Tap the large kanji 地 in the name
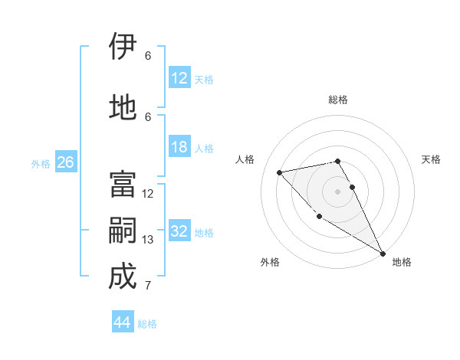pyautogui.click(x=123, y=107)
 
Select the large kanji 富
pyautogui.click(x=123, y=185)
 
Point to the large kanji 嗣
pyautogui.click(x=123, y=231)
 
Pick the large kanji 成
pyautogui.click(x=123, y=277)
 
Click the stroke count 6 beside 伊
pyautogui.click(x=148, y=55)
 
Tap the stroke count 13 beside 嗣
pyautogui.click(x=148, y=240)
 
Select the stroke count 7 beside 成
pyautogui.click(x=148, y=286)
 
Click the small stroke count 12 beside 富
pyautogui.click(x=148, y=194)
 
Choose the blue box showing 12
pyautogui.click(x=179, y=78)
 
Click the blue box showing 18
pyautogui.click(x=179, y=147)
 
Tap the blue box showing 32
pyautogui.click(x=179, y=232)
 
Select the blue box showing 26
pyautogui.click(x=65, y=162)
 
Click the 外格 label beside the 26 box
pyautogui.click(x=41, y=163)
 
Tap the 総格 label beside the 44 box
pyautogui.click(x=147, y=324)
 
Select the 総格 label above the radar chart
pyautogui.click(x=338, y=100)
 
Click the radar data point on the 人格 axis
pyautogui.click(x=280, y=172)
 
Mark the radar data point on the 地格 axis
pyautogui.click(x=383, y=253)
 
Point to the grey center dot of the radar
pyautogui.click(x=337, y=191)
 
